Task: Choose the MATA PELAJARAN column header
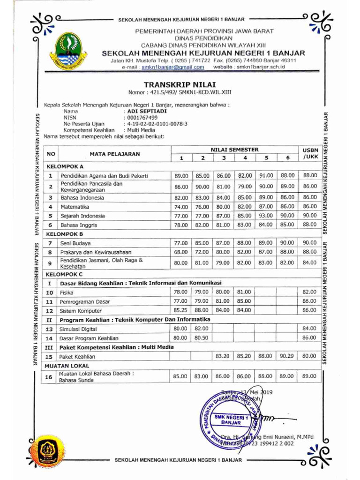coord(114,154)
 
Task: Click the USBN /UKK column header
coord(310,153)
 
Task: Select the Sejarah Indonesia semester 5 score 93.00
coord(266,216)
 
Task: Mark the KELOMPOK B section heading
coord(64,234)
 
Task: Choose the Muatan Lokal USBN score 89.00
coord(310,376)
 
